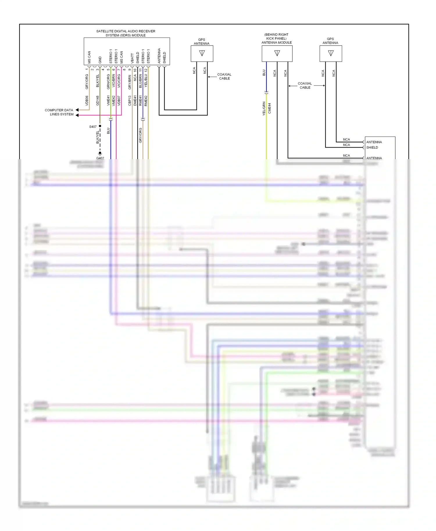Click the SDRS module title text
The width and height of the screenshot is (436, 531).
pyautogui.click(x=126, y=33)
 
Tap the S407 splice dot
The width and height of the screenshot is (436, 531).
pyautogui.click(x=100, y=126)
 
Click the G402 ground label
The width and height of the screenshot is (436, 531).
pyautogui.click(x=100, y=158)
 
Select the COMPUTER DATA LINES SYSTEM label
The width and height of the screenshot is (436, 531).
pyautogui.click(x=59, y=112)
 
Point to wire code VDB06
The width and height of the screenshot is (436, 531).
pyautogui.click(x=87, y=101)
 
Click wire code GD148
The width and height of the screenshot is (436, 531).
pyautogui.click(x=98, y=101)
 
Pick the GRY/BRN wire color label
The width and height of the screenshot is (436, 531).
pyautogui.click(x=130, y=82)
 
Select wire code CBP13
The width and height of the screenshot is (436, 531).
pyautogui.click(x=130, y=101)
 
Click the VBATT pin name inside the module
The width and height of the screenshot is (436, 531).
pyautogui.click(x=132, y=58)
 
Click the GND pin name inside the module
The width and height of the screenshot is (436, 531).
pyautogui.click(x=100, y=60)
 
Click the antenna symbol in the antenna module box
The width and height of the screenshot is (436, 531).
pyautogui.click(x=277, y=53)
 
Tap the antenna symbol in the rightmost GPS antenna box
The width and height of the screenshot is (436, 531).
pyautogui.click(x=331, y=53)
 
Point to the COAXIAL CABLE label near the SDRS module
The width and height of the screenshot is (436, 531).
pyautogui.click(x=224, y=76)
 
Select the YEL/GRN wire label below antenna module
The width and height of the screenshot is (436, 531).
pyautogui.click(x=264, y=109)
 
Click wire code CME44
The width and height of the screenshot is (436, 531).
pyautogui.click(x=269, y=108)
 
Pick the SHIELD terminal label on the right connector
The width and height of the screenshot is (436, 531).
pyautogui.click(x=372, y=148)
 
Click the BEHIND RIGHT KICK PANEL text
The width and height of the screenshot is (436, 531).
pyautogui.click(x=276, y=36)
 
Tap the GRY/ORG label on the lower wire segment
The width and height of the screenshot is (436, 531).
pyautogui.click(x=140, y=135)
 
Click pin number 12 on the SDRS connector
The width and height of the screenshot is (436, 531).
pyautogui.click(x=146, y=70)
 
